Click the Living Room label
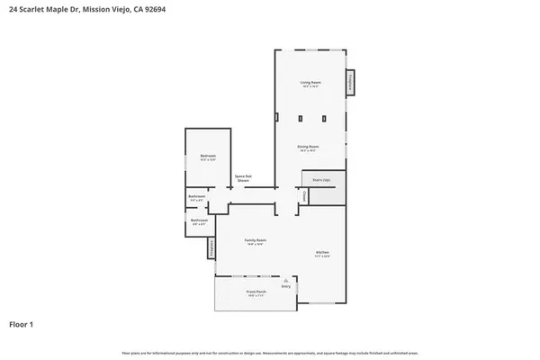coord(310,82)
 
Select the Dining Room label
coord(310,147)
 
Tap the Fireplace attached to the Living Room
coord(352,84)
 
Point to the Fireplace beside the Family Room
coord(211,247)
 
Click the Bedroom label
coord(208,157)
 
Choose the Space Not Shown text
coord(242,178)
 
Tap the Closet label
coord(304,195)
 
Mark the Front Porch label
coord(256,292)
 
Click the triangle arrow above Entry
coord(285,281)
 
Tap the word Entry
coord(285,287)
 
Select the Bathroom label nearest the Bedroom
coord(197,196)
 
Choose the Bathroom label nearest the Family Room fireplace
coord(199,220)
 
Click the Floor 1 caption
coord(22,323)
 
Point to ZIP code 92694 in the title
coord(154,8)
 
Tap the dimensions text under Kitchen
coord(321,256)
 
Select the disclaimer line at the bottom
coord(269,352)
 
